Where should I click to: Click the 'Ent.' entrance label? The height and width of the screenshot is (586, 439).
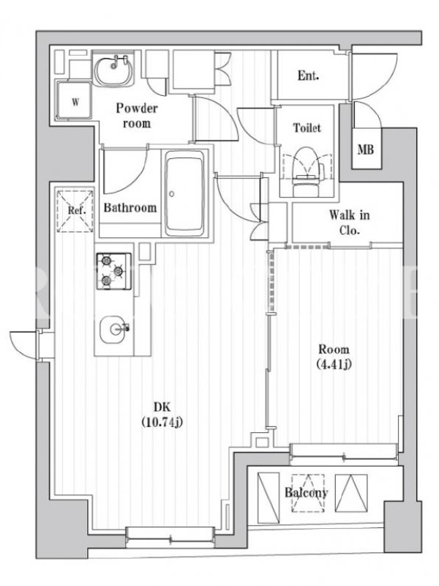308,76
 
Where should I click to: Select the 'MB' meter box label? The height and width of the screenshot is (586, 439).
365,150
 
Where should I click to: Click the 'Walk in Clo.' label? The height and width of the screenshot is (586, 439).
349,223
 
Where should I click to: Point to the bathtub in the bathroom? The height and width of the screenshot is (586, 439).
185,193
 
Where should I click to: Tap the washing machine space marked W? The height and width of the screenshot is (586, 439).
75,101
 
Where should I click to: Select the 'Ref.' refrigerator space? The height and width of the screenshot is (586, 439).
75,210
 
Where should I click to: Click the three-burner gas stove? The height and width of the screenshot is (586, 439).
114,271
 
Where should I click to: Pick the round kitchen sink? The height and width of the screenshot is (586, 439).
113,329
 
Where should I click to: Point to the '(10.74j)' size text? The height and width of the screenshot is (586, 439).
162,423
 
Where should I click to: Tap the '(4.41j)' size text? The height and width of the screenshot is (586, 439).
334,363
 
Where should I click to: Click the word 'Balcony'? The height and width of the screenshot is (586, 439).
306,492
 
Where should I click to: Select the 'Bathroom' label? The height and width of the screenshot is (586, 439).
130,208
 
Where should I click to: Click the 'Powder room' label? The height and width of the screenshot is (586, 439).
137,116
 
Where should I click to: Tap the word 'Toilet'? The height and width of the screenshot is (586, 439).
307,127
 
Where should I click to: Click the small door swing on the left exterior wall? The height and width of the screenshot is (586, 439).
23,345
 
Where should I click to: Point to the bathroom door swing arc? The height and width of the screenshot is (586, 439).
124,171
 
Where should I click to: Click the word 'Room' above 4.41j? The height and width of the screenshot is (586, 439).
334,349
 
